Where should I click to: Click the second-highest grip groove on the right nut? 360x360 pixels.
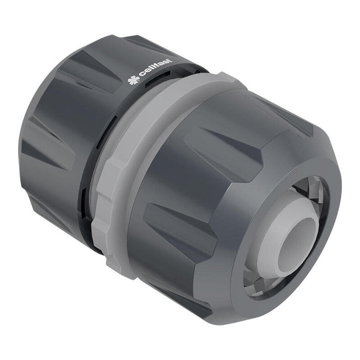click(x=216, y=149)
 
